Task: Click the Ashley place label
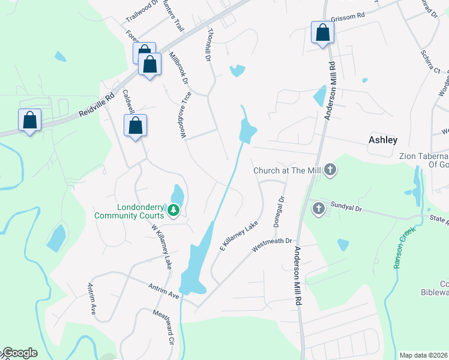[382, 140]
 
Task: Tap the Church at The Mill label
[288, 170]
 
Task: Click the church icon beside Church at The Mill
[330, 171]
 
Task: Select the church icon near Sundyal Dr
[318, 209]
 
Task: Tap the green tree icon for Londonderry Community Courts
[173, 210]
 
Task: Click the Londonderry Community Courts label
[128, 211]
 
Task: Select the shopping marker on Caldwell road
[136, 126]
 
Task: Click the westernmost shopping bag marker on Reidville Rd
[29, 121]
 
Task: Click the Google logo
[19, 353]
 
